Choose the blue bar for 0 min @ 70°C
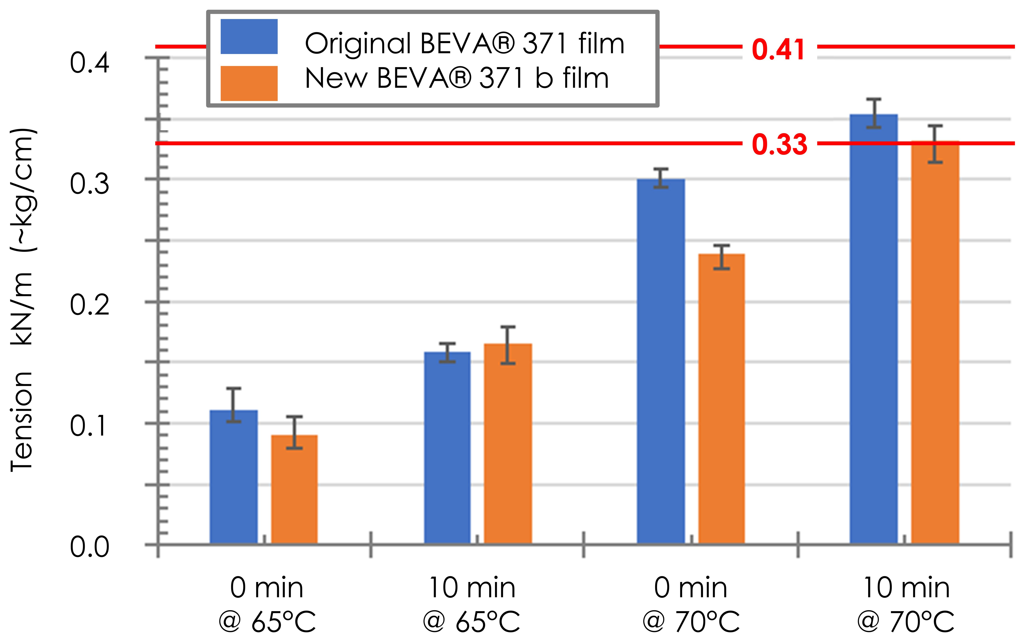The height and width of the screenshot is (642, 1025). coord(661,361)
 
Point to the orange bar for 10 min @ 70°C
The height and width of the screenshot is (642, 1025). coord(935,342)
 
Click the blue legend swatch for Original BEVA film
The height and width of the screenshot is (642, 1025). coord(249,36)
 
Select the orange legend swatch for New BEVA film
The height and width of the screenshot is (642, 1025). coord(249,83)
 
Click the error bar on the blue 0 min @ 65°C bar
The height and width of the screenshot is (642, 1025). coord(234,405)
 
